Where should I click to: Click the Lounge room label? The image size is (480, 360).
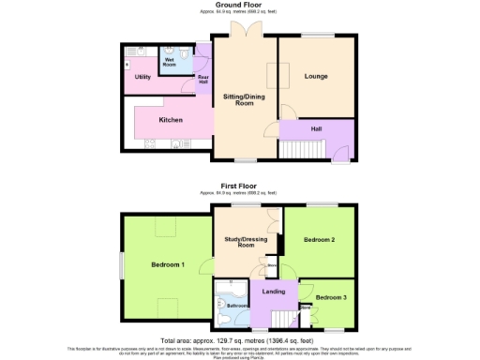(316, 76)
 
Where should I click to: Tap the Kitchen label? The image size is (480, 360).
(170, 121)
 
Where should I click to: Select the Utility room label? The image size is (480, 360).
(142, 77)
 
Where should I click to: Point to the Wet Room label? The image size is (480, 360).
(171, 62)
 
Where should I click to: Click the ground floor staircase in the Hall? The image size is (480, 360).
(301, 149)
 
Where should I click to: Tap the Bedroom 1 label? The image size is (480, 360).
(168, 265)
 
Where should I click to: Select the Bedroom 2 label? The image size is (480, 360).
(320, 241)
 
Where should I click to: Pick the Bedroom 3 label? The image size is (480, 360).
(330, 298)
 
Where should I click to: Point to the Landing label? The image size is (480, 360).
(274, 292)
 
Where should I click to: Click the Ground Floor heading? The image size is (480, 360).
(239, 6)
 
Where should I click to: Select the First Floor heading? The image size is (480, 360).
(239, 187)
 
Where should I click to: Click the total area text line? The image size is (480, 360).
(239, 340)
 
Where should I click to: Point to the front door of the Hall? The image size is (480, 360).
(340, 152)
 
